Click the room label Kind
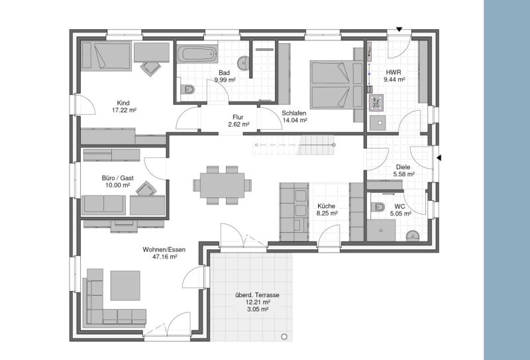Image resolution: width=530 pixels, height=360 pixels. (123, 103)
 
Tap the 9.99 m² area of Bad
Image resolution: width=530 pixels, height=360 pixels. (224, 80)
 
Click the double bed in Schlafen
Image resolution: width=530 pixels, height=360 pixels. (329, 85)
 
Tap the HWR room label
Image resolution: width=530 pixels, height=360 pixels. (394, 72)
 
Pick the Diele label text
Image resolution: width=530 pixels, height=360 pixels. (403, 167)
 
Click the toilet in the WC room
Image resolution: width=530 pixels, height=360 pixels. (377, 206)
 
